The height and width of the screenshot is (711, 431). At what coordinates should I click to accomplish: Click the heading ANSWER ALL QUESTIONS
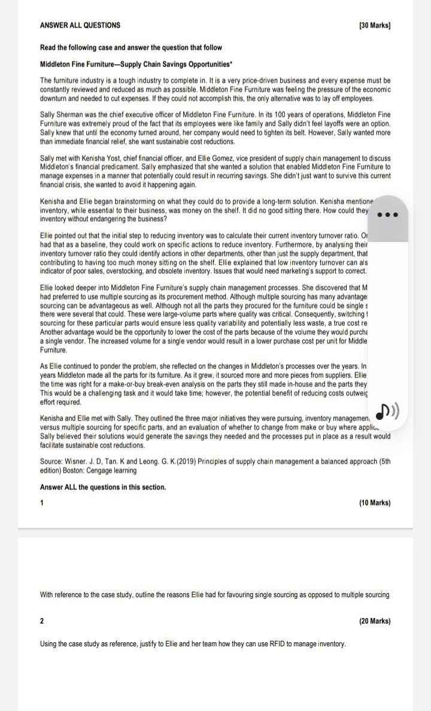[x=80, y=25]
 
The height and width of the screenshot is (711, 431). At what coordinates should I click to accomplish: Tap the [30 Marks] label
[x=375, y=25]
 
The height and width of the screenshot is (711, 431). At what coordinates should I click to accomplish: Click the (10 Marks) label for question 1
[x=375, y=503]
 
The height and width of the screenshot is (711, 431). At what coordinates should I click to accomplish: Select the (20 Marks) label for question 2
[x=375, y=621]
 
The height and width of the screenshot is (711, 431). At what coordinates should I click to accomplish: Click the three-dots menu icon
[x=387, y=214]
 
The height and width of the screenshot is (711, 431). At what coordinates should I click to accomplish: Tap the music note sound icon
[x=387, y=411]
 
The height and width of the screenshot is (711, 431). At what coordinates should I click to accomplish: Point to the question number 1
[x=42, y=503]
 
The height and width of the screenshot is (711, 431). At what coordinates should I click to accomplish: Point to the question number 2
[x=42, y=621]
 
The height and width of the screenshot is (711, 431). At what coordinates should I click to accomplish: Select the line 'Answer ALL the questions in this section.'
[x=103, y=487]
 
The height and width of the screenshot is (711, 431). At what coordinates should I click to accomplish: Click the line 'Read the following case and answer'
[x=130, y=47]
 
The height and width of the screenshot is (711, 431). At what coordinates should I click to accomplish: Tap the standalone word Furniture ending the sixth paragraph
[x=53, y=350]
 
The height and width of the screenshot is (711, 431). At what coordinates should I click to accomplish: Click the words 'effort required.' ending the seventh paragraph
[x=60, y=403]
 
